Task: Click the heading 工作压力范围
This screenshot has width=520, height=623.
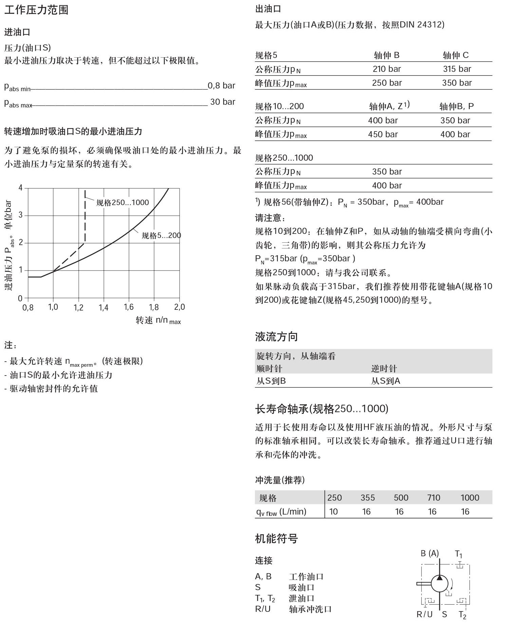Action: pos(36,9)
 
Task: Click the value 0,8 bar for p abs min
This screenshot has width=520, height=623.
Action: pos(221,85)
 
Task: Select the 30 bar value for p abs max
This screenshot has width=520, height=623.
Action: pos(223,102)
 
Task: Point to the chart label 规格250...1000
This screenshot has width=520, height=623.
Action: pos(123,203)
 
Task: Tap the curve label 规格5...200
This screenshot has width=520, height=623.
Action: pos(161,235)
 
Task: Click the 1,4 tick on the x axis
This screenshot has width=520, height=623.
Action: pos(104,307)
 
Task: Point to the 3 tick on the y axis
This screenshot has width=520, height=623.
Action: pos(21,215)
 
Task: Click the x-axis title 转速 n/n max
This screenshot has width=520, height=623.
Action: pos(158,320)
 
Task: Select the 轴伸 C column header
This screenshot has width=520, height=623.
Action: pos(456,55)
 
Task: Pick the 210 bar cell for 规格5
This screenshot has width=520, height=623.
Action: pos(387,69)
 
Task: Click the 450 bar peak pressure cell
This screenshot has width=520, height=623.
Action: pos(383,135)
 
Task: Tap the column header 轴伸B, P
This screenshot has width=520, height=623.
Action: pos(457,106)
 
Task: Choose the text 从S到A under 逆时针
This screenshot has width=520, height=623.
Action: pos(386,381)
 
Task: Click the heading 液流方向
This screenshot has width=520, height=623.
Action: pos(276,337)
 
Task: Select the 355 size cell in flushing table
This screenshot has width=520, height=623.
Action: pos(368,498)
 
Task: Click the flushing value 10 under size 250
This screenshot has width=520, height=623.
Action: pos(333,511)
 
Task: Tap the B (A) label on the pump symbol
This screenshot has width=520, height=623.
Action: pos(429,554)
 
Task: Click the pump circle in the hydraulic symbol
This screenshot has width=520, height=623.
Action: pos(440,583)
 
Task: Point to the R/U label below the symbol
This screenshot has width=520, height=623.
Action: pos(424,614)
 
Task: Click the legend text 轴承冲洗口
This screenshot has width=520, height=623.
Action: pos(310,609)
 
